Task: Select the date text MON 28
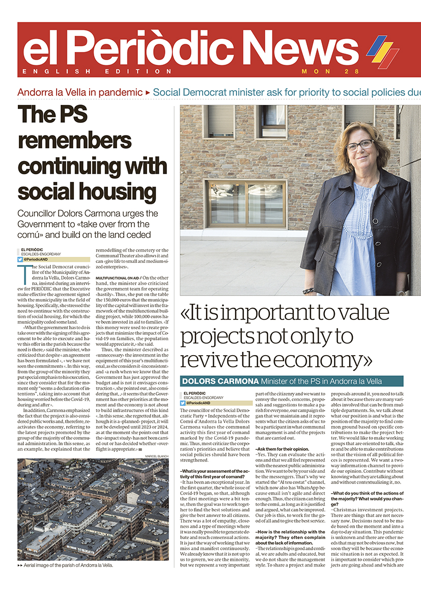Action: [x=330, y=71]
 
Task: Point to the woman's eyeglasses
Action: [x=359, y=146]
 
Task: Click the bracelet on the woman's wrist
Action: [x=308, y=290]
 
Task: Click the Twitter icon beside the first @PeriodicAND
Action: [x=20, y=259]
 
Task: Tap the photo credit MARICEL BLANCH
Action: [x=157, y=456]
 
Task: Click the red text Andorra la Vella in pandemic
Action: [x=80, y=92]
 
